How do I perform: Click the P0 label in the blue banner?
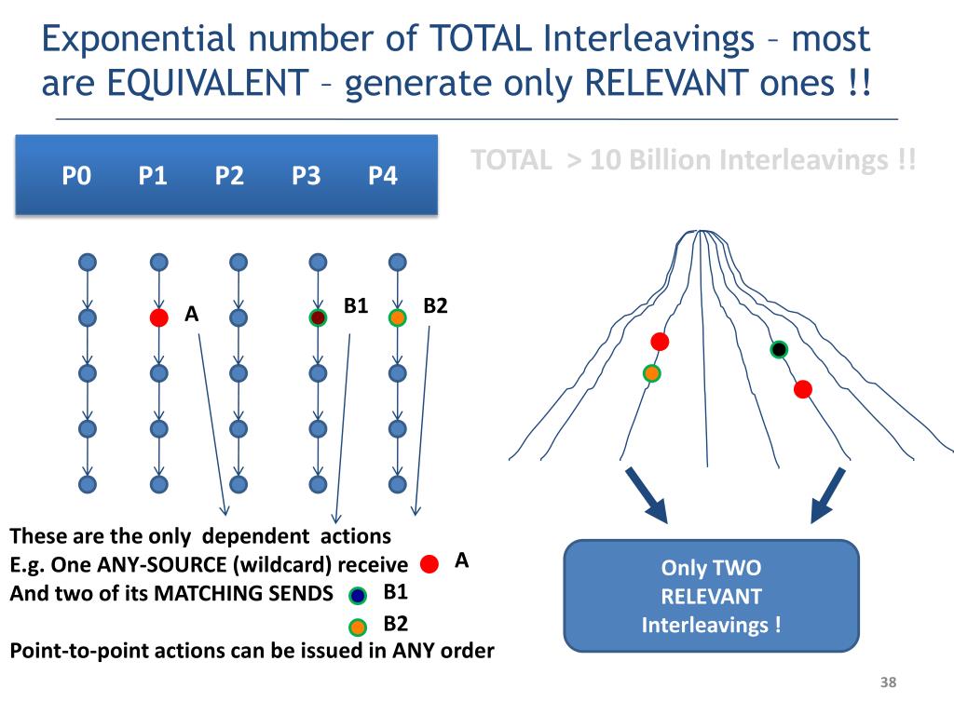click(x=75, y=175)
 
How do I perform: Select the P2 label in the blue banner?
click(x=228, y=175)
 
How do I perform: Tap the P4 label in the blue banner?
click(x=382, y=175)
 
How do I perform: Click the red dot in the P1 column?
click(x=159, y=317)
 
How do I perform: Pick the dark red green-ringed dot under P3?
click(x=318, y=317)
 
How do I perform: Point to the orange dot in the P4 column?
click(x=397, y=317)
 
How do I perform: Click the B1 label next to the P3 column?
click(x=356, y=305)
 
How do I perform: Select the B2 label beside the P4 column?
click(x=435, y=305)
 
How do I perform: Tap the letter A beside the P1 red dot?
click(x=192, y=315)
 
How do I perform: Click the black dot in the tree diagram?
click(x=779, y=349)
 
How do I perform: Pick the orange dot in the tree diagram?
click(x=651, y=373)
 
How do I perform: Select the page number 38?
click(x=888, y=684)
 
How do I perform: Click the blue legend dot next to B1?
click(x=358, y=596)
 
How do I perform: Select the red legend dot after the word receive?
click(x=429, y=564)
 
